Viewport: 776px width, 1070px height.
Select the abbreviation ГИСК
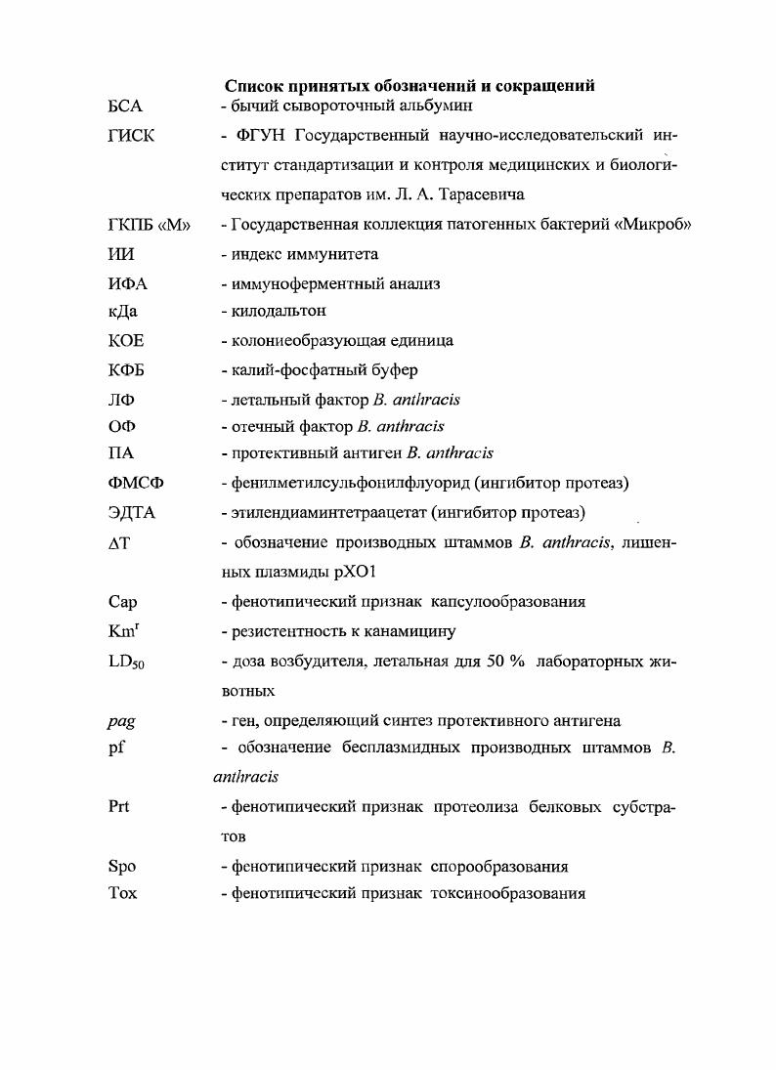pyautogui.click(x=130, y=137)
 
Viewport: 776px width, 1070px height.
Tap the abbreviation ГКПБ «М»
pyautogui.click(x=147, y=226)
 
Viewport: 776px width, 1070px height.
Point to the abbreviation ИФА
pyautogui.click(x=128, y=283)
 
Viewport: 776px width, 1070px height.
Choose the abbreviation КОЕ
pyautogui.click(x=126, y=341)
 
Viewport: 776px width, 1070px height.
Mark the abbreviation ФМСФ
pyautogui.click(x=134, y=483)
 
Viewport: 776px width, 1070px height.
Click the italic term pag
pyautogui.click(x=120, y=721)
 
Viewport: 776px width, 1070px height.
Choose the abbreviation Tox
pyautogui.click(x=121, y=893)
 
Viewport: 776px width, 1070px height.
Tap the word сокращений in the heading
pyautogui.click(x=540, y=86)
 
